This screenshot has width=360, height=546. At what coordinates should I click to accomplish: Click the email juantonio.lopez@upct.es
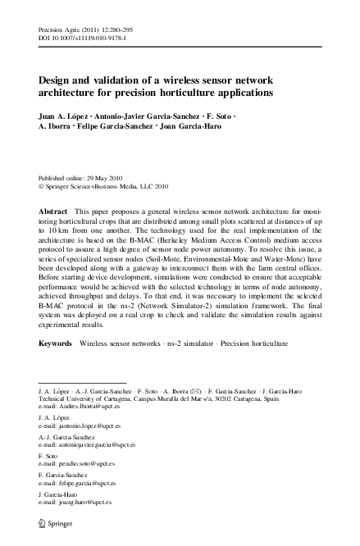(80, 427)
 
